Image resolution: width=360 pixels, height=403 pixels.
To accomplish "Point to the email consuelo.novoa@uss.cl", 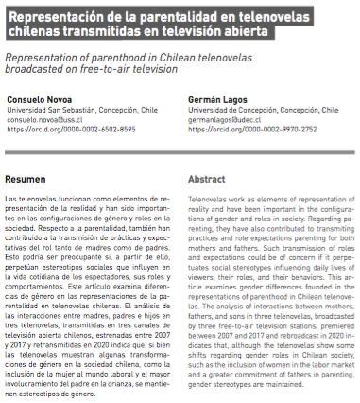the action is (x=47, y=120).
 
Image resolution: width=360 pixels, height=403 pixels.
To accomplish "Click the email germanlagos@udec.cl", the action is (x=228, y=120).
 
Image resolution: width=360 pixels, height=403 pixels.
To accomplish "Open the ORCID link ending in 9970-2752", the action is (x=242, y=131).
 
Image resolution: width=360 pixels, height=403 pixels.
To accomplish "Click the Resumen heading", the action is (x=26, y=179).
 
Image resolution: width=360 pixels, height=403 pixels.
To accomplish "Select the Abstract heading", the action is (x=207, y=179).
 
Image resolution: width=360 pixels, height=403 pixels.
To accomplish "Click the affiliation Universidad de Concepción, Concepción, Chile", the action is (x=251, y=111).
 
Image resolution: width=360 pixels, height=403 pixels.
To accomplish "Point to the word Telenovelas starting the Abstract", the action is (x=209, y=201).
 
